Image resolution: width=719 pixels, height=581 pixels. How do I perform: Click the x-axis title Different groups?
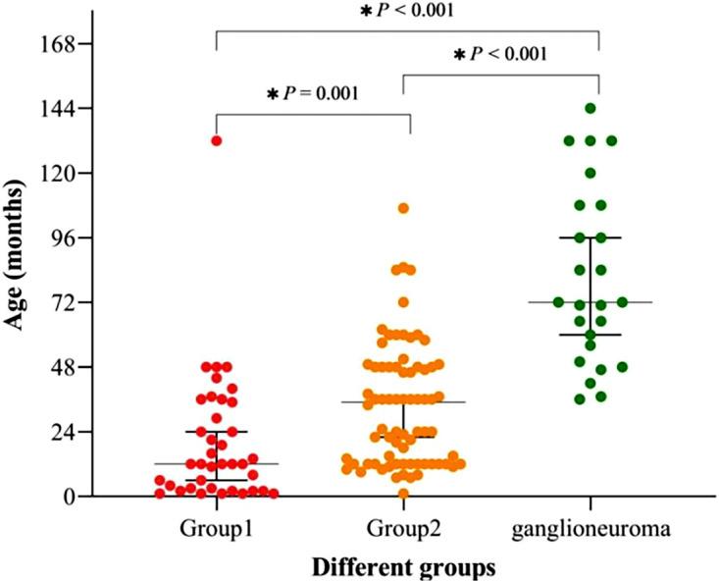pos(403,566)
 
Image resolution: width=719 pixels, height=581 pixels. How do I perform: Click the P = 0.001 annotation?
pos(312,94)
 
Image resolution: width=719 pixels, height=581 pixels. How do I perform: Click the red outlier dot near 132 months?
pos(216,140)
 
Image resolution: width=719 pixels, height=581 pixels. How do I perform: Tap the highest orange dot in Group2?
pos(403,208)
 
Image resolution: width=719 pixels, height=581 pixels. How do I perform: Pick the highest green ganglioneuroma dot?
pos(591,108)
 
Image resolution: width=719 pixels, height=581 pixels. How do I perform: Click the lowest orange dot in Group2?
pos(403,493)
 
